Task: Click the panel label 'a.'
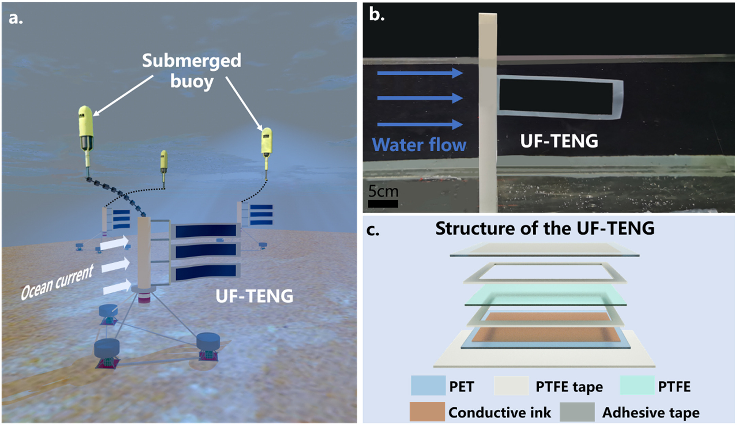point(16,18)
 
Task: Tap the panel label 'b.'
point(376,15)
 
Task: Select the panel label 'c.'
point(373,230)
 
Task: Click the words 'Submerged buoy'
point(192,71)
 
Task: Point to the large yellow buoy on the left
point(86,128)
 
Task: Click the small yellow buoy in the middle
point(164,161)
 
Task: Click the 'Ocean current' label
point(57,283)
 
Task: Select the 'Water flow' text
point(419,145)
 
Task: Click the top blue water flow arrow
point(420,73)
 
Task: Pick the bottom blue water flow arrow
point(420,125)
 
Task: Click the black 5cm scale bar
point(383,204)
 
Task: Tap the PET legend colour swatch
point(428,386)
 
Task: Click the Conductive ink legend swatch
point(427,412)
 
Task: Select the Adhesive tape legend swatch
point(577,412)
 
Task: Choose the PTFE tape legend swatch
point(511,386)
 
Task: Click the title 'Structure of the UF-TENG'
point(545,228)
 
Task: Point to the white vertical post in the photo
point(488,112)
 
